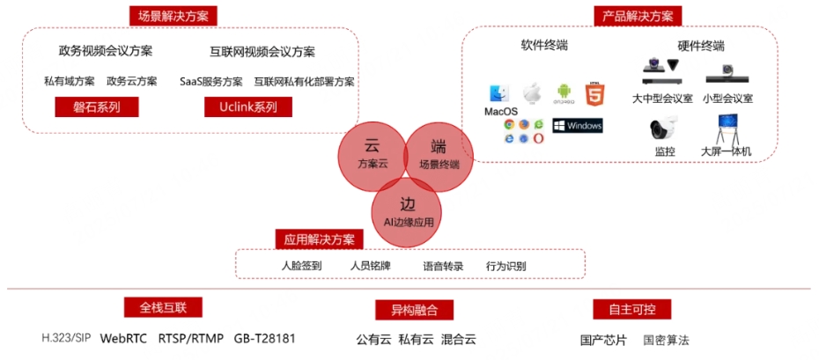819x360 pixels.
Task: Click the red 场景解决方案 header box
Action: [173, 16]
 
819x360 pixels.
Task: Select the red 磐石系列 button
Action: [85, 107]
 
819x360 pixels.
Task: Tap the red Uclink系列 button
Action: [240, 107]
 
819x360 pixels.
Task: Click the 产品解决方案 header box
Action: [637, 16]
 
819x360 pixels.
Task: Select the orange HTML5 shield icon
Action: [596, 92]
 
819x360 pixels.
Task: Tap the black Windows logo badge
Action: [578, 126]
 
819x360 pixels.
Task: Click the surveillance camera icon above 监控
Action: [663, 129]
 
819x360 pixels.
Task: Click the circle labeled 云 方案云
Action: [372, 154]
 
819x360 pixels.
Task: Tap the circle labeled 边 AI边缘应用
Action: [408, 212]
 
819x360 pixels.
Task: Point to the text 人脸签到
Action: [301, 265]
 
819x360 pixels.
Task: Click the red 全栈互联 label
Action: [163, 307]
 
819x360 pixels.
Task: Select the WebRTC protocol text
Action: [122, 338]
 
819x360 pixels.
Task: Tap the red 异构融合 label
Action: [402, 309]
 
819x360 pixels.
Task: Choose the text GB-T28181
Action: [264, 338]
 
